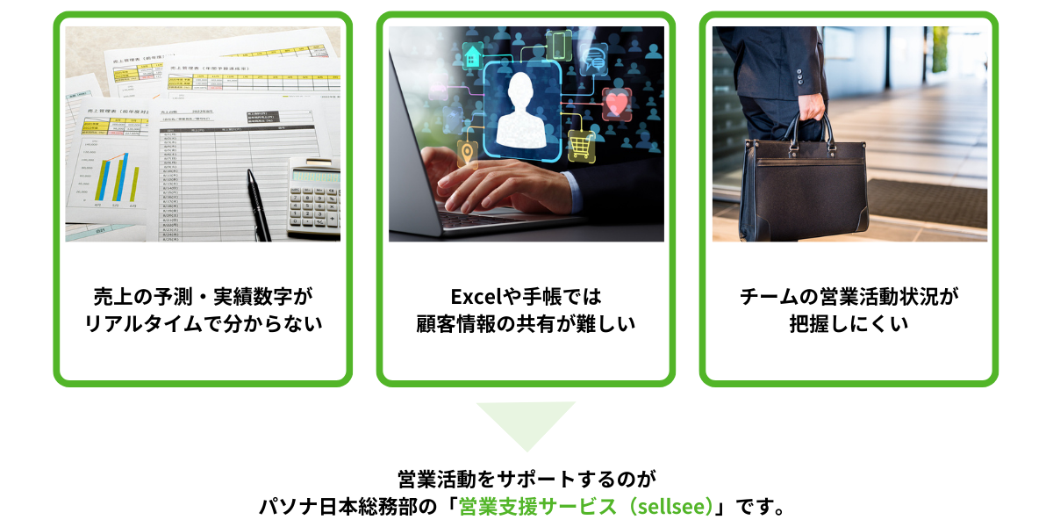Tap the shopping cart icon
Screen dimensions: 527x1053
pos(581,143)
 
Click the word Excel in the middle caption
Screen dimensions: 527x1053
pos(475,296)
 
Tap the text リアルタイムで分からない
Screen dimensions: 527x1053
pos(203,324)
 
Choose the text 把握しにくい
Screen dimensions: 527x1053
pos(849,324)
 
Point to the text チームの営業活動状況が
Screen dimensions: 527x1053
pos(849,296)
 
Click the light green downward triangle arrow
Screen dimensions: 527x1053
pos(526,422)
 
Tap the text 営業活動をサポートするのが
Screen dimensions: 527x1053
pos(526,480)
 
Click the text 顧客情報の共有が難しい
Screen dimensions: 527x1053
pos(526,324)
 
